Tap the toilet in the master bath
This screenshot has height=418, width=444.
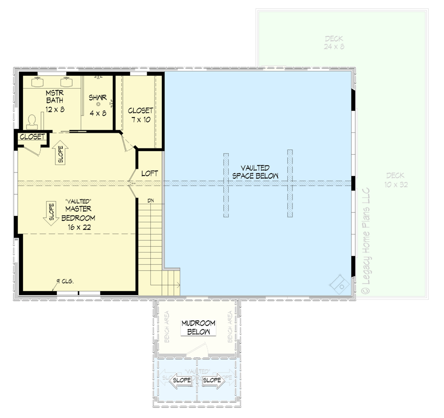coord(32,121)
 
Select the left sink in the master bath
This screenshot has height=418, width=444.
coord(38,82)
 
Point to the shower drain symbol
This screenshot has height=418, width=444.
coord(98,104)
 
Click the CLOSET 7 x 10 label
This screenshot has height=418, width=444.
coord(140,115)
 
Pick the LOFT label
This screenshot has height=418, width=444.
coord(149,173)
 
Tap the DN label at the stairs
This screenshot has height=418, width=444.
coord(150,201)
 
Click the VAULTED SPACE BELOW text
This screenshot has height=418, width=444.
coord(255,172)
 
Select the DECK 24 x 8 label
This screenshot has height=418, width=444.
coord(334,42)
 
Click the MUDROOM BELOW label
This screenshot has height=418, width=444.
coord(198,328)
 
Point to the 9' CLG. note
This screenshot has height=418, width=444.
coord(65,281)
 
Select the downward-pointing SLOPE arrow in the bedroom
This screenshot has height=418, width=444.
coord(51,213)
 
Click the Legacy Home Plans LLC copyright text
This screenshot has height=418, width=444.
coord(365,240)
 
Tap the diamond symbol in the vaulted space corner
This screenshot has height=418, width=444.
coord(338,284)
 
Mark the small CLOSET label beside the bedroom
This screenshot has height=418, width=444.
coord(32,137)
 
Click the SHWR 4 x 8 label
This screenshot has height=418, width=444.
coord(97,104)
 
